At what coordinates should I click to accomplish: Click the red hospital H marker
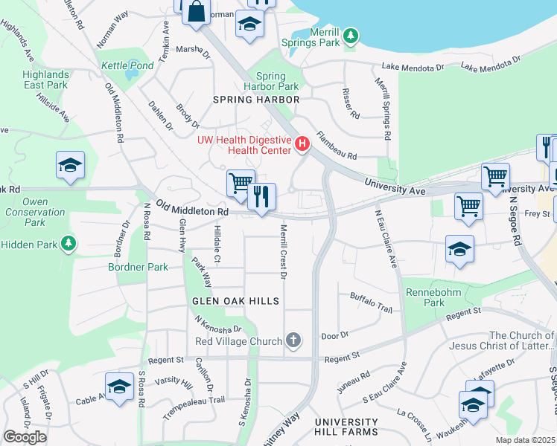click(x=302, y=144)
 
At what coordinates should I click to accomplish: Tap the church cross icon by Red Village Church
click(x=293, y=341)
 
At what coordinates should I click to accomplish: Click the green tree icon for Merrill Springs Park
click(x=350, y=35)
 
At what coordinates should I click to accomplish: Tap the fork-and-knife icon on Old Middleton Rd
click(x=261, y=198)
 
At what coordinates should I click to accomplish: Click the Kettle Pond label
click(x=127, y=65)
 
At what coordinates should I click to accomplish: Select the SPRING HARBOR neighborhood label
click(x=256, y=100)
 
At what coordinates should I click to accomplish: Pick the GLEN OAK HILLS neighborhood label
click(x=235, y=301)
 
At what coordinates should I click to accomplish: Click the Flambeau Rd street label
click(x=337, y=146)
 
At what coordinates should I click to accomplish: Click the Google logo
click(x=25, y=437)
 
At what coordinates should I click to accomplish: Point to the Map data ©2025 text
click(x=525, y=440)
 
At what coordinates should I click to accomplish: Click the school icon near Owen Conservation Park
click(x=70, y=166)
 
